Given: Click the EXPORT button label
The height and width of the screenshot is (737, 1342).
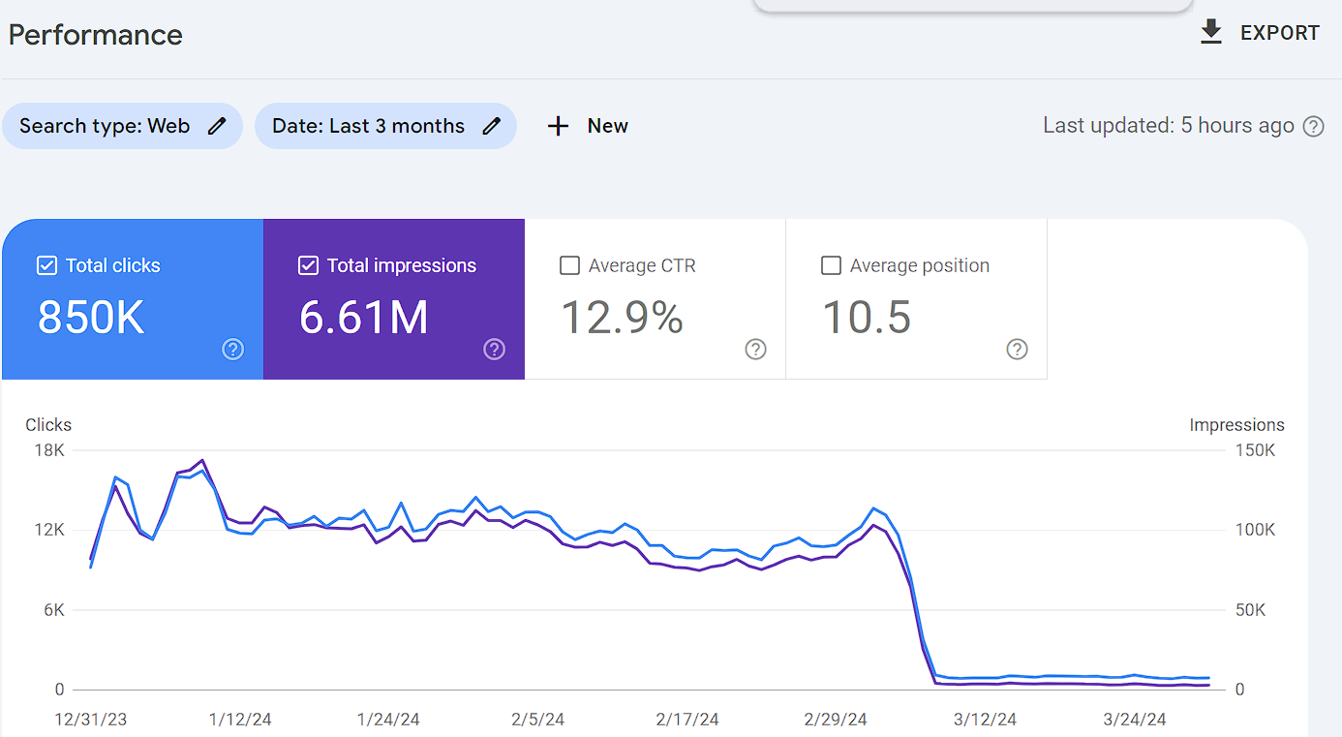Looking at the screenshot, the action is [x=1280, y=33].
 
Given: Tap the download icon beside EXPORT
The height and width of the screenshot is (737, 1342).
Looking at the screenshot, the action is [x=1210, y=32].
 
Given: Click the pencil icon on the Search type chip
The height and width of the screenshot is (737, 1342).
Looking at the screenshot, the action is [x=217, y=126].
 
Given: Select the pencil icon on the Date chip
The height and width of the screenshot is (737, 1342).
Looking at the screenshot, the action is [x=491, y=126].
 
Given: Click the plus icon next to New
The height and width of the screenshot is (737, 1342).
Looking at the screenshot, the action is [x=558, y=126].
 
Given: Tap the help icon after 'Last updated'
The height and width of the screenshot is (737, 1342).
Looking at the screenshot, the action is [x=1313, y=127].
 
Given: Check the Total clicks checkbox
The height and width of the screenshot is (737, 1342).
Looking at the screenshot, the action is [x=46, y=265].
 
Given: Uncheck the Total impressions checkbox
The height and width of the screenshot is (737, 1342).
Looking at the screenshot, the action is [x=308, y=265].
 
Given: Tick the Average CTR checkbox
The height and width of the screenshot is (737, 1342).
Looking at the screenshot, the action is [x=569, y=265].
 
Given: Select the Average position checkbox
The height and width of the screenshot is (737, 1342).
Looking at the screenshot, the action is [x=831, y=265].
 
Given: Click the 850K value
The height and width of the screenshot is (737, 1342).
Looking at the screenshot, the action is [x=91, y=317].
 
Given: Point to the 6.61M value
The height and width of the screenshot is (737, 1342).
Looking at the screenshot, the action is [x=364, y=317].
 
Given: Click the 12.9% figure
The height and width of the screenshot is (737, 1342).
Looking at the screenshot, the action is [x=622, y=317].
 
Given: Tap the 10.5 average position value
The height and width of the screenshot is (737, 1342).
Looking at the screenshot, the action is [x=867, y=317].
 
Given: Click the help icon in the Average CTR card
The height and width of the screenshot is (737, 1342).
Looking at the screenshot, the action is [x=755, y=350].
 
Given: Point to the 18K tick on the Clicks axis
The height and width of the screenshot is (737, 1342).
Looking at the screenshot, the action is [x=49, y=450].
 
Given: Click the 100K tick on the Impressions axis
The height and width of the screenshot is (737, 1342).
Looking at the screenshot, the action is [x=1255, y=530].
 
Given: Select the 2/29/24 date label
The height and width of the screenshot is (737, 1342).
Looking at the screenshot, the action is [x=836, y=719].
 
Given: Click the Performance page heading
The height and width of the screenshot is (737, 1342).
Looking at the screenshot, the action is [x=95, y=35].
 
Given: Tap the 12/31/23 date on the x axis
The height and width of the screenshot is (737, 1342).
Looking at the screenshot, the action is [x=90, y=719].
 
